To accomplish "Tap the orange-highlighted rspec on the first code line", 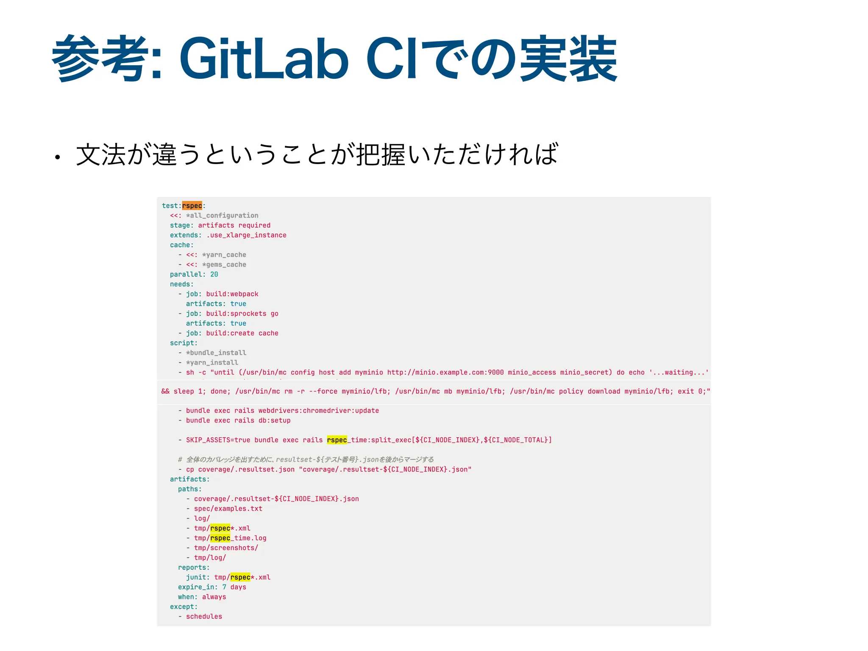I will pyautogui.click(x=192, y=206).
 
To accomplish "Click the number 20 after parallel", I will pyautogui.click(x=214, y=274).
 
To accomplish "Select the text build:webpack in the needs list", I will pyautogui.click(x=232, y=294).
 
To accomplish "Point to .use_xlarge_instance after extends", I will pyautogui.click(x=246, y=235).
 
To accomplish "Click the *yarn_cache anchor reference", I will pyautogui.click(x=224, y=255).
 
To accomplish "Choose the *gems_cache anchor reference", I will pyautogui.click(x=224, y=264).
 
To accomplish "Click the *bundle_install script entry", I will pyautogui.click(x=216, y=353).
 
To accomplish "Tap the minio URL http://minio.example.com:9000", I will pyautogui.click(x=445, y=372).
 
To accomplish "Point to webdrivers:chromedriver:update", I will pyautogui.click(x=318, y=411).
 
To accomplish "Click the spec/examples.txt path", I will pyautogui.click(x=228, y=509).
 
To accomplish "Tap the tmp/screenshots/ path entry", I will pyautogui.click(x=226, y=548).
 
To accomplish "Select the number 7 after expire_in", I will pyautogui.click(x=224, y=587).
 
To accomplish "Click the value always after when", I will pyautogui.click(x=214, y=597).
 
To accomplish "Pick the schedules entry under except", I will pyautogui.click(x=204, y=616).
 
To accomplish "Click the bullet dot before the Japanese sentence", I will pyautogui.click(x=57, y=158).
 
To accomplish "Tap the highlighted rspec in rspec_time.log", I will pyautogui.click(x=220, y=538).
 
